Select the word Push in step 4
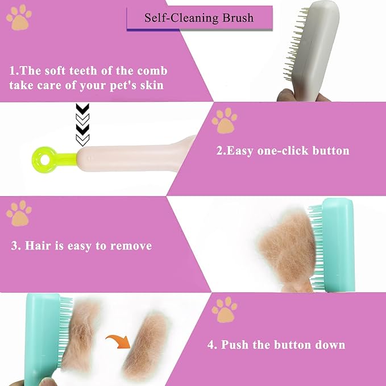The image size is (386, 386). (x=235, y=345)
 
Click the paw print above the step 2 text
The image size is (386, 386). (x=223, y=120)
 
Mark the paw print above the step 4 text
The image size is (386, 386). (x=223, y=309)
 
